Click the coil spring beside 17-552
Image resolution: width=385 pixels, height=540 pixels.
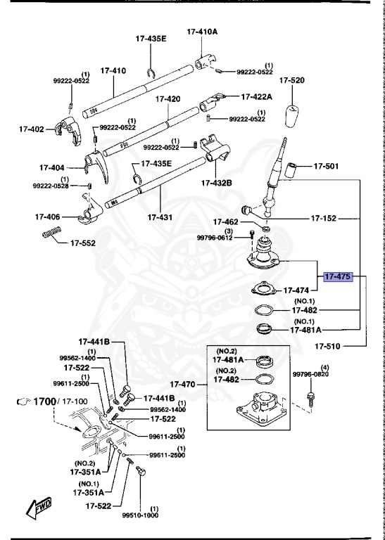pyautogui.click(x=52, y=234)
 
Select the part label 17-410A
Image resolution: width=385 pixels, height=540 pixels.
pyautogui.click(x=202, y=32)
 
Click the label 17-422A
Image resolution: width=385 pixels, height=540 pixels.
pyautogui.click(x=258, y=96)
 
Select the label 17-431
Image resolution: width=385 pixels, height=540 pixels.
pyautogui.click(x=160, y=217)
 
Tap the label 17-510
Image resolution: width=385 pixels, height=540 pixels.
pyautogui.click(x=328, y=345)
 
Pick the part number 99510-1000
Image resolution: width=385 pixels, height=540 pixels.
pyautogui.click(x=141, y=515)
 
